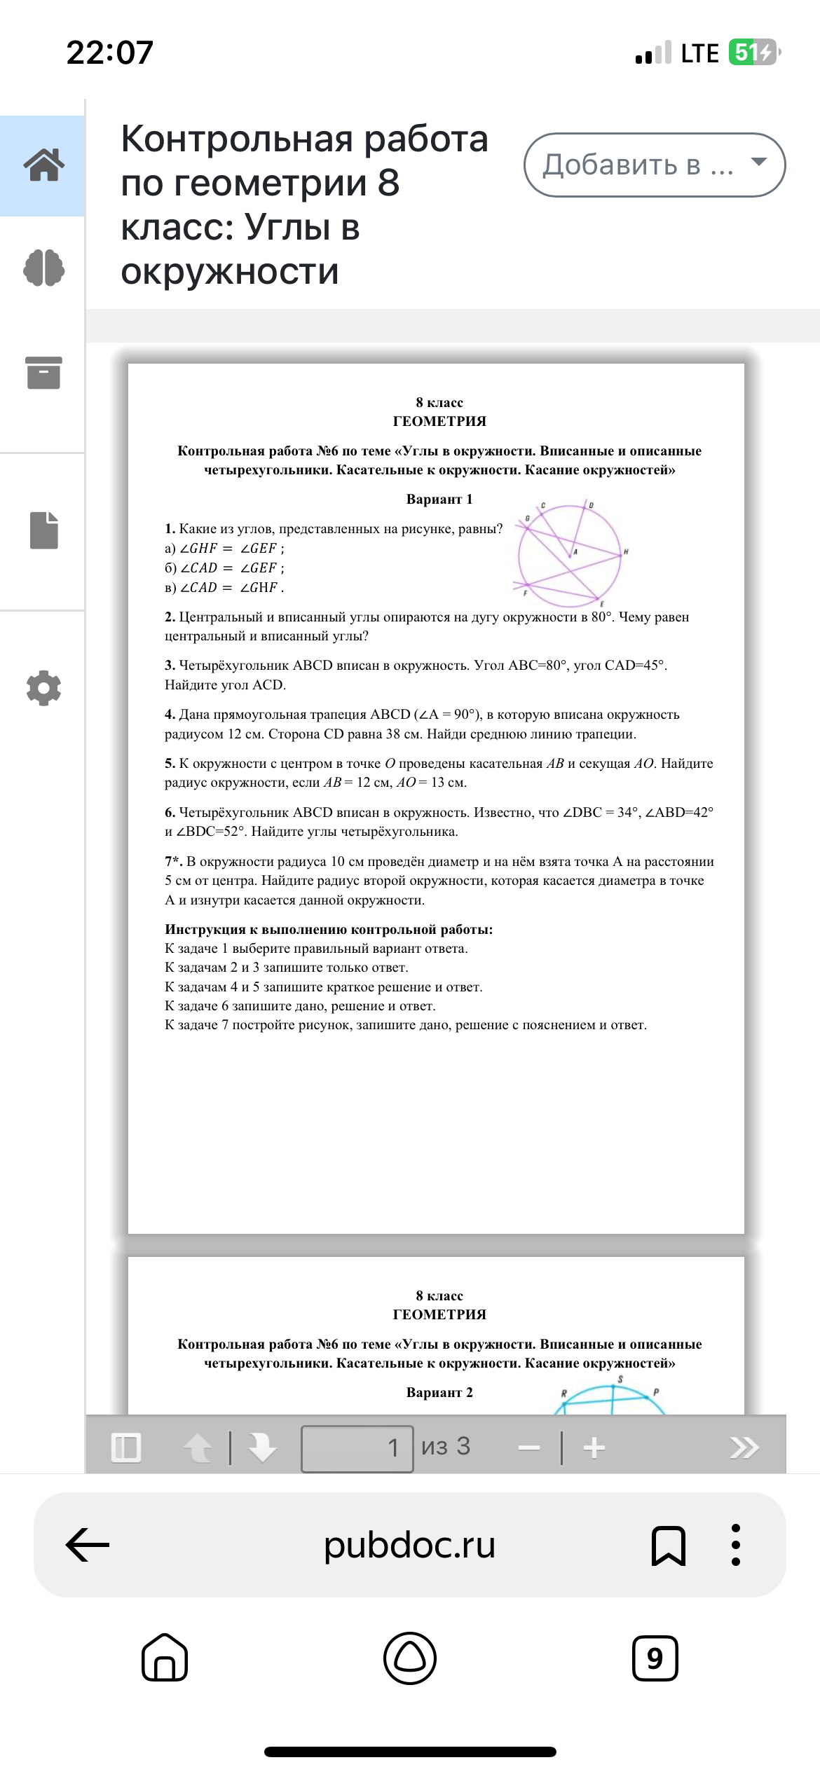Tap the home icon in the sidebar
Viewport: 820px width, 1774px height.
point(43,165)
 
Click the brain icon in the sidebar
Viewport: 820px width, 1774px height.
point(43,268)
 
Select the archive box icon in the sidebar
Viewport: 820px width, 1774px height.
point(43,372)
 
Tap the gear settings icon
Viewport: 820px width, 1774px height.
point(43,688)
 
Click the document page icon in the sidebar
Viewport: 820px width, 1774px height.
point(43,530)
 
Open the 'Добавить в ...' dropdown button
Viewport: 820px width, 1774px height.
point(654,165)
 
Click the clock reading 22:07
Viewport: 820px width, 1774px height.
point(109,53)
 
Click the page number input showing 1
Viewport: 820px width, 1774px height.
point(357,1448)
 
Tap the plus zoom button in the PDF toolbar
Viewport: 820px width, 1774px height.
point(594,1448)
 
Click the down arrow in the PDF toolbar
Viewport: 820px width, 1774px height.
point(262,1448)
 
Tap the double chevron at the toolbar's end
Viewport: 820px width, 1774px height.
point(744,1448)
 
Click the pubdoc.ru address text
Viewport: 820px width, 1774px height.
point(409,1545)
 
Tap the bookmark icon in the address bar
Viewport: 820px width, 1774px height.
point(668,1545)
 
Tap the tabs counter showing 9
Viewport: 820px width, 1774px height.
point(655,1658)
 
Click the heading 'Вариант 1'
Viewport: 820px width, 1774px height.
point(439,500)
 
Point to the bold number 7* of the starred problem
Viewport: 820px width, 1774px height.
point(173,861)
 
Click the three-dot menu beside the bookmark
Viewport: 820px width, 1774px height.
point(735,1545)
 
